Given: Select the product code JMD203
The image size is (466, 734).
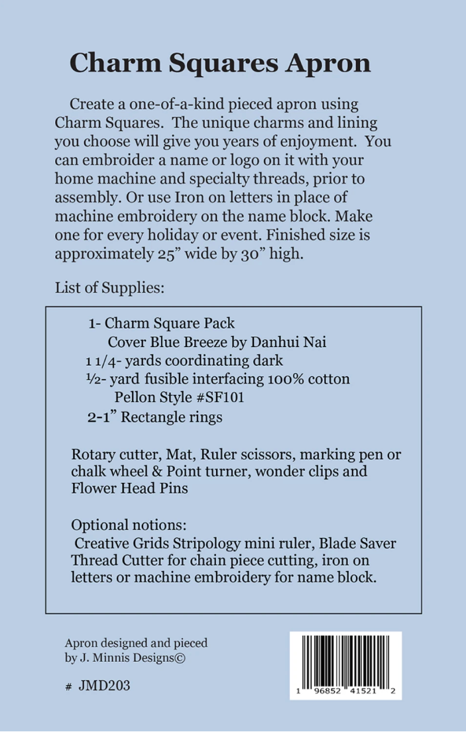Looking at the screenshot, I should [x=104, y=686].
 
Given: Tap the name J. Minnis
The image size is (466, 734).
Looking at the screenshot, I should [x=100, y=658].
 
